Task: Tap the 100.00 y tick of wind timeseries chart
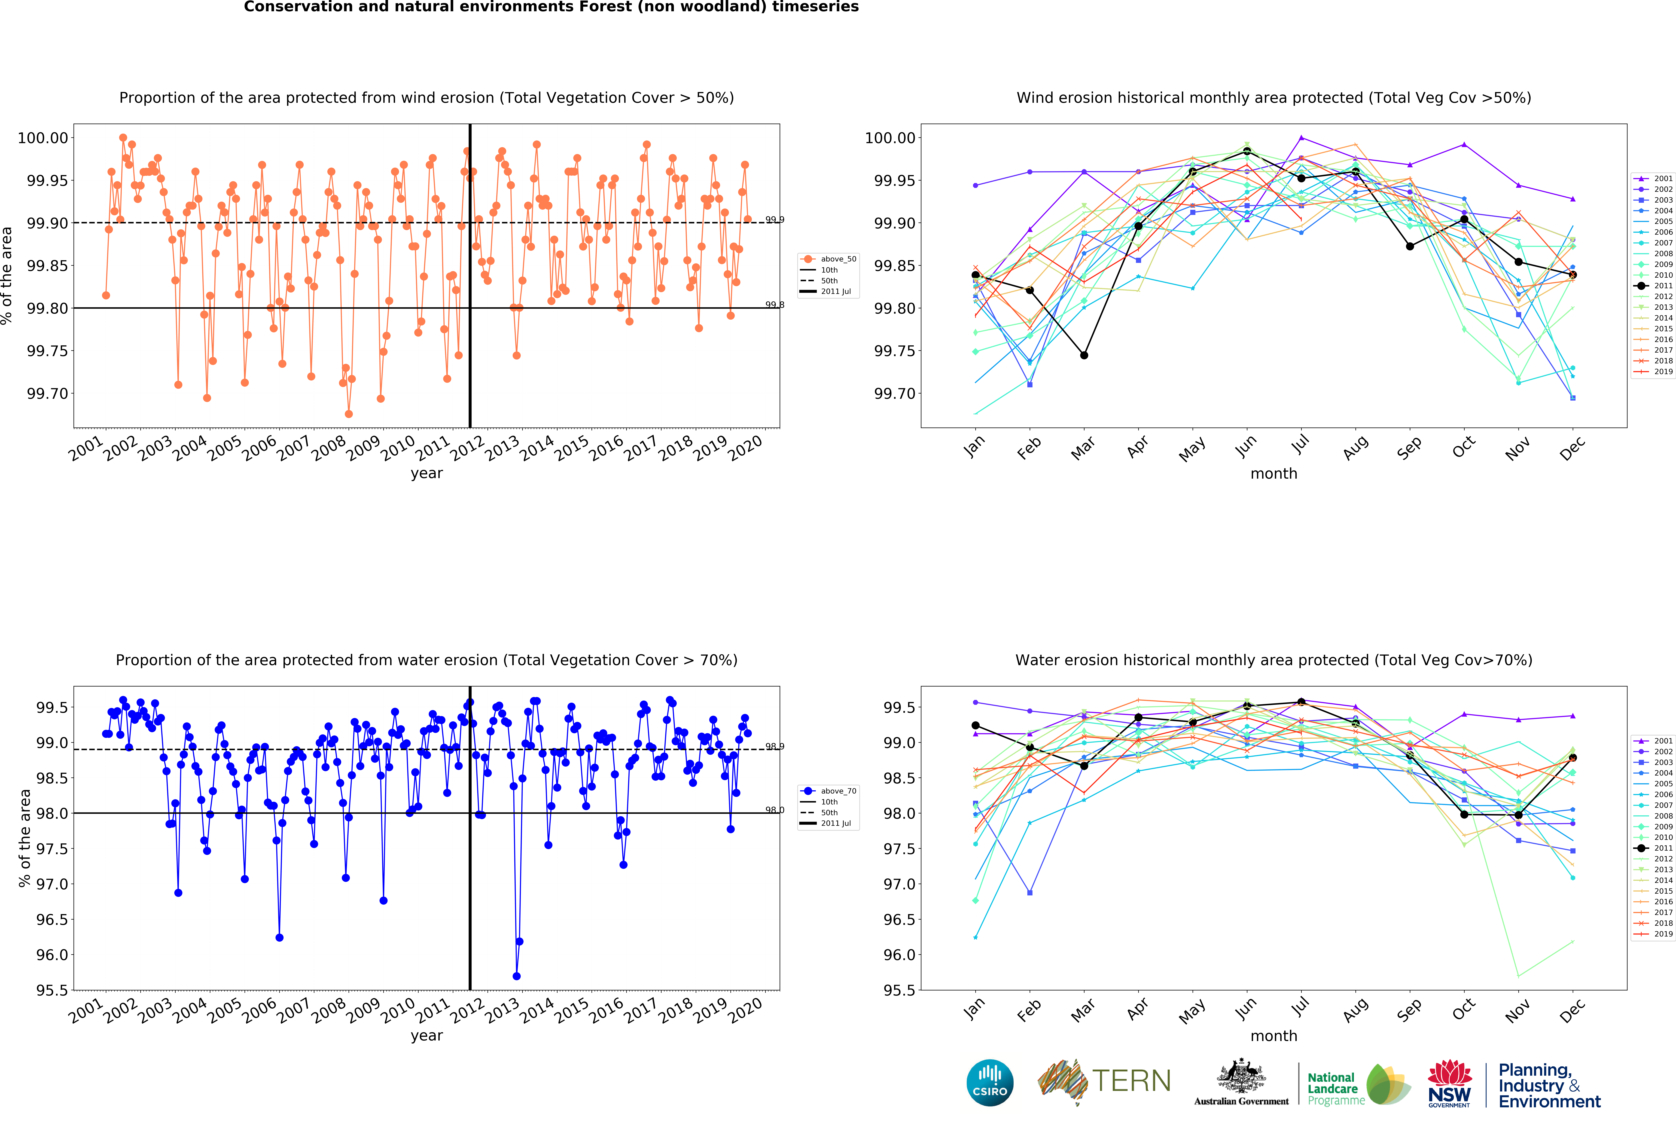[43, 138]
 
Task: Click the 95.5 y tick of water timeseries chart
[52, 990]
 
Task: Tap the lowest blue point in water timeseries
[516, 976]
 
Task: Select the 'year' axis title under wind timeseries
[426, 473]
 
